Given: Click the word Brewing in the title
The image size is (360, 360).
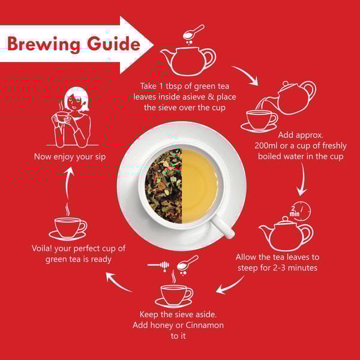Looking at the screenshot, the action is (x=44, y=44).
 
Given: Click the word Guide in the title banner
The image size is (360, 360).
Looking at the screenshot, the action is (x=113, y=43).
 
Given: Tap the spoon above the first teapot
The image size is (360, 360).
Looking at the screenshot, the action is (x=193, y=32).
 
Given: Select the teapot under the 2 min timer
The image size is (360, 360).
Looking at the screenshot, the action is (x=286, y=234).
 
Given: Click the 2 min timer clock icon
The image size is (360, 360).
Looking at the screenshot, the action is (x=300, y=211).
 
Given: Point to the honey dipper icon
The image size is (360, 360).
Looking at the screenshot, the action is (x=158, y=265).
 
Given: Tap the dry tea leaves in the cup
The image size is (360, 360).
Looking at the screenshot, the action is (x=163, y=185).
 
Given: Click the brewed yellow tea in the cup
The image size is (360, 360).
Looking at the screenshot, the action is (x=199, y=185).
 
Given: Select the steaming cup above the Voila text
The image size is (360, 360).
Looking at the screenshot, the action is (x=68, y=227).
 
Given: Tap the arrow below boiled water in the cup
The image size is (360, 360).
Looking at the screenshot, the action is (x=302, y=179).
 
